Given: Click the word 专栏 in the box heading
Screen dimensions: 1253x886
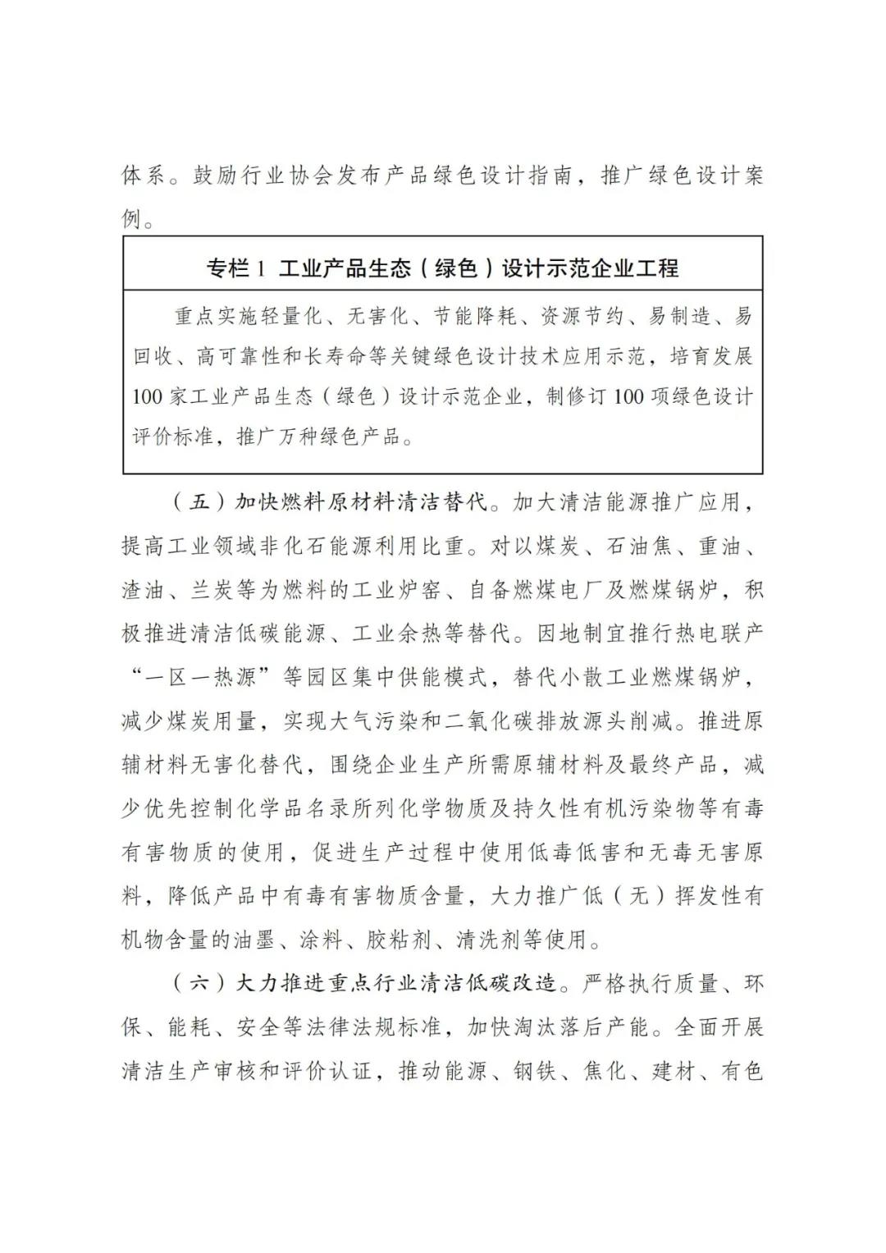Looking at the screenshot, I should pos(226,268).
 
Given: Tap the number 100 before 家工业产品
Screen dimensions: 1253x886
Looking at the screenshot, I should pos(148,396).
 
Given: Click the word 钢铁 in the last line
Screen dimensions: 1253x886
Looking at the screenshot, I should pos(536,1071).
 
